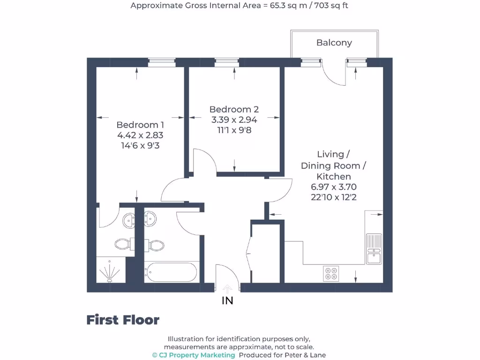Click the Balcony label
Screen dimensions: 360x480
coord(334,43)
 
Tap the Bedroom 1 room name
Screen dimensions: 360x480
coord(140,125)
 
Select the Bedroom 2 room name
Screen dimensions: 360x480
coord(234,109)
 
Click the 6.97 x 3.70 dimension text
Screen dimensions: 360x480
coord(333,187)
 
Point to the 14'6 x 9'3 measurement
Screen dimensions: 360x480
coord(140,145)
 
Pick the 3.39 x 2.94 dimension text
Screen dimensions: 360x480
coord(234,120)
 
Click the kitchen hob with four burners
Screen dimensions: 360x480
coord(331,273)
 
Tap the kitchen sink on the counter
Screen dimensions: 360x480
coord(374,248)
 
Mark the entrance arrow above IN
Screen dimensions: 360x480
coord(227,288)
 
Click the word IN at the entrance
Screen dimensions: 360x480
coord(227,301)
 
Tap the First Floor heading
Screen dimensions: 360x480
coord(123,320)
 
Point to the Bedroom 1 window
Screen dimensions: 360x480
coord(162,60)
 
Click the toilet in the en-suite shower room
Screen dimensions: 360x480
coord(122,244)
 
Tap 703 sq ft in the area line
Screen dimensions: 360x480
coord(328,6)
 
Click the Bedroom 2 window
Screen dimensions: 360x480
coord(226,60)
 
